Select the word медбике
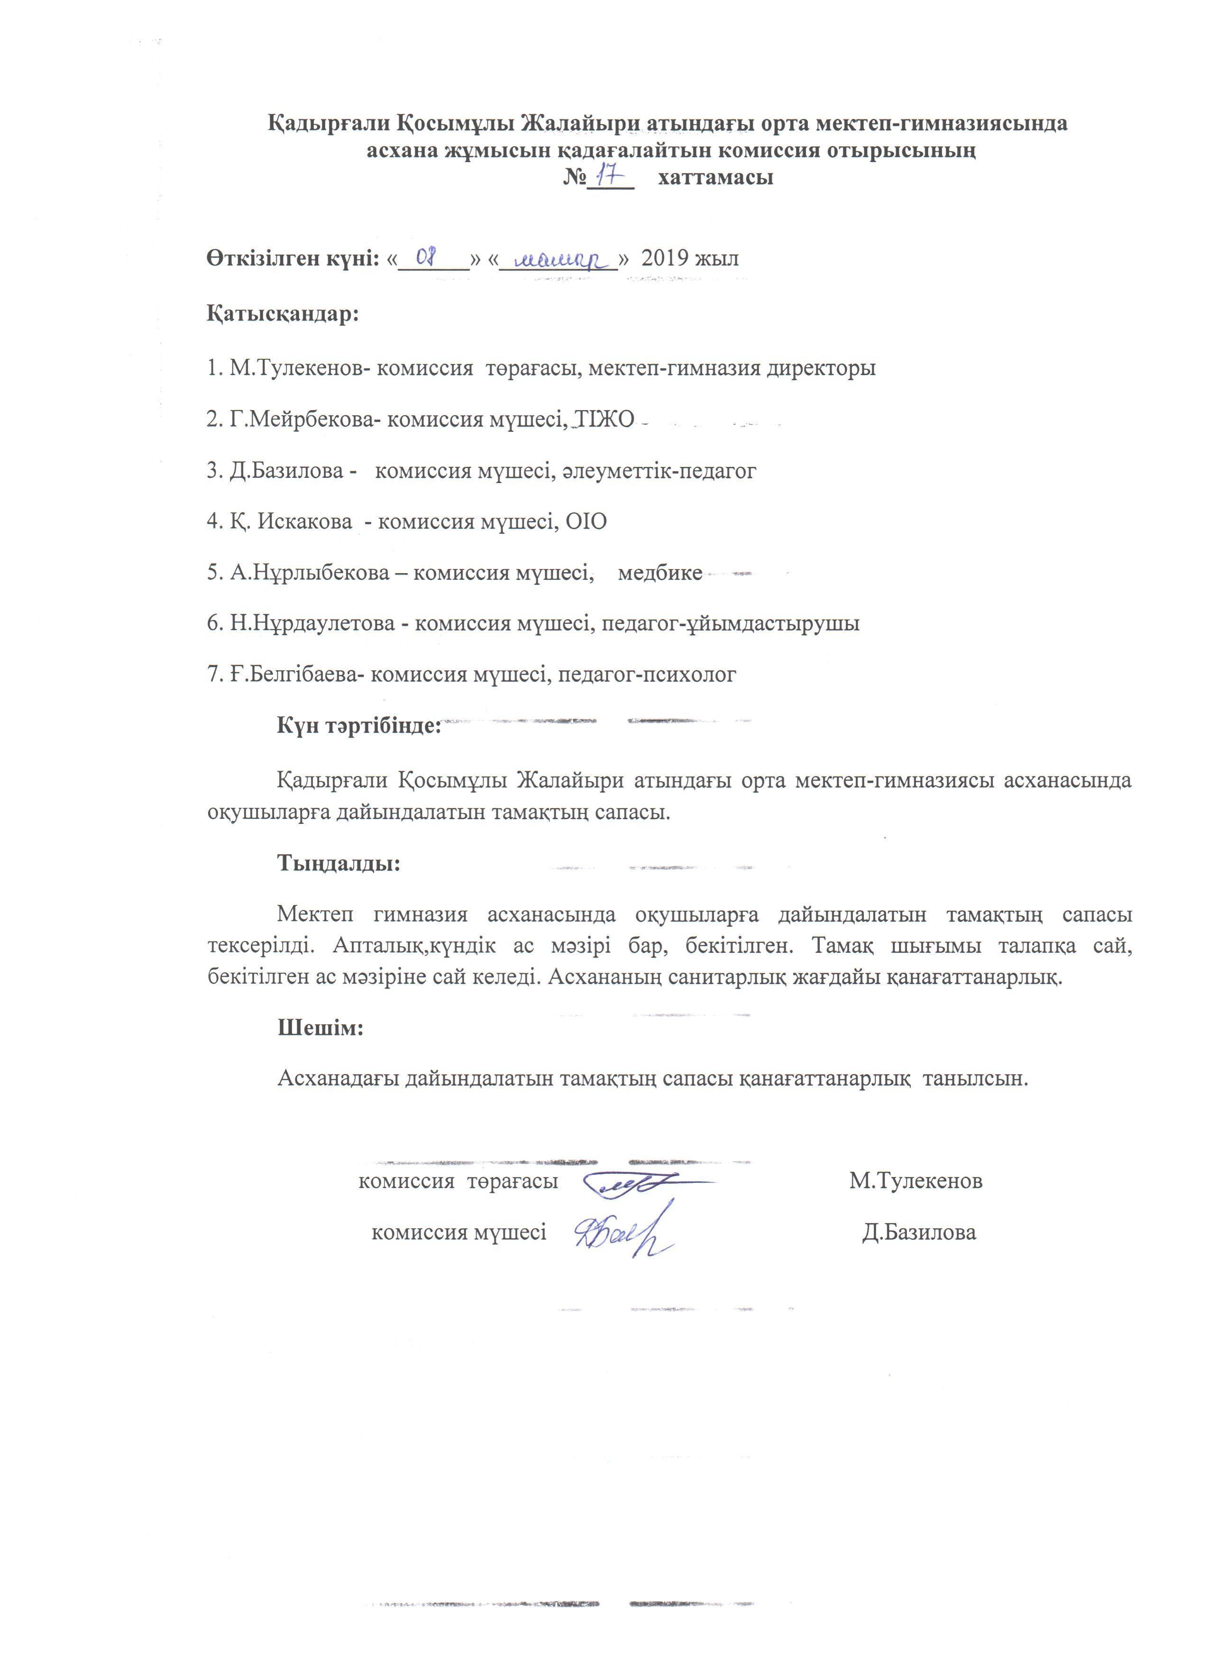[660, 573]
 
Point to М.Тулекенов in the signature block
[916, 1181]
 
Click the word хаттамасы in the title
[715, 177]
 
